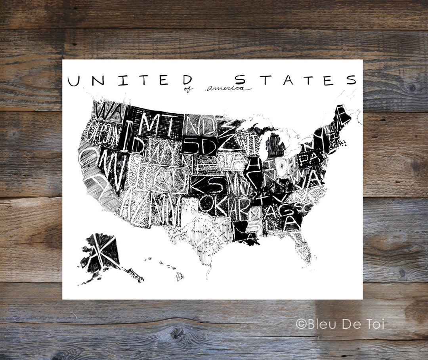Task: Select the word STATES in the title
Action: [x=295, y=80]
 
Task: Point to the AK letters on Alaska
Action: [x=100, y=251]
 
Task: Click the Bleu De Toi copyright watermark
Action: [x=340, y=324]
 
